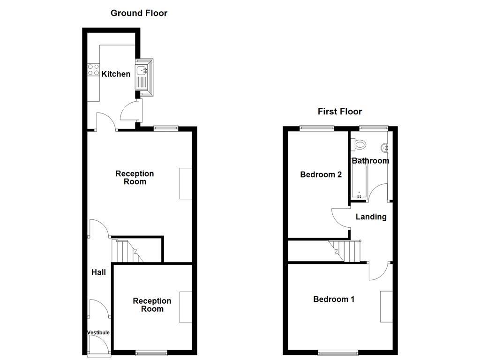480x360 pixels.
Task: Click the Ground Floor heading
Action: (x=139, y=13)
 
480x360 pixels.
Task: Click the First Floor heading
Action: (x=340, y=112)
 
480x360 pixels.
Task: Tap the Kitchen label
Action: (x=116, y=74)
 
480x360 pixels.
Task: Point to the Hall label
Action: (x=98, y=272)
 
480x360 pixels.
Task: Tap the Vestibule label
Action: (x=98, y=333)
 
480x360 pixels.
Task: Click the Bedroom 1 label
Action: (x=334, y=299)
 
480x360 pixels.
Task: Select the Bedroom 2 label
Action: (x=321, y=175)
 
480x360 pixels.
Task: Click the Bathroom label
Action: (x=370, y=161)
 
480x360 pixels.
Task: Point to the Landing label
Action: (x=371, y=217)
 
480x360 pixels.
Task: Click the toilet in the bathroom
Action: (x=360, y=144)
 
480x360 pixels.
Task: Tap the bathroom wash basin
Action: (x=386, y=148)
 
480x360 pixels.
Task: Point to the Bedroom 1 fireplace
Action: (x=386, y=307)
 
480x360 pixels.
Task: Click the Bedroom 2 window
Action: (x=317, y=127)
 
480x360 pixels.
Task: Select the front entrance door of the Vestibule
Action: (x=99, y=346)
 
